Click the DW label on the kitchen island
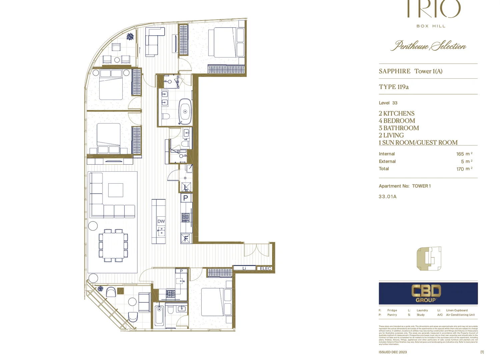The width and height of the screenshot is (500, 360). pos(161,221)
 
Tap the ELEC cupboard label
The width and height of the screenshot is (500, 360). pos(265,268)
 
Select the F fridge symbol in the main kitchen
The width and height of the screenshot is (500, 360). pos(186,238)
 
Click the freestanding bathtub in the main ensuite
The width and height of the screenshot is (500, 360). pos(185,111)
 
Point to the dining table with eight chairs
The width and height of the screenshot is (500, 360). pos(113,245)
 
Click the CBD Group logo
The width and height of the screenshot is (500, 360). pos(428,293)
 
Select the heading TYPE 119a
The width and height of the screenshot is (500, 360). pos(394,87)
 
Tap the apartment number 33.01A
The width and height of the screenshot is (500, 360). pos(388,197)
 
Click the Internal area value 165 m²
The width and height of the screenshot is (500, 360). pos(464,154)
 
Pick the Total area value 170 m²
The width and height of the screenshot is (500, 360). pos(464,169)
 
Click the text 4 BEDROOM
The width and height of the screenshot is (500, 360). pos(397,121)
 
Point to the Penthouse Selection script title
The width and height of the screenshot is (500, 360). pos(428,46)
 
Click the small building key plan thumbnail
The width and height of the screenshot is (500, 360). pos(429,259)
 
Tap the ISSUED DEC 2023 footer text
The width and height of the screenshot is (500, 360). pos(393,352)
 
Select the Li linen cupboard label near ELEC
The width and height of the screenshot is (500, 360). pos(244,268)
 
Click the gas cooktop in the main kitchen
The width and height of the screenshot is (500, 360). pos(186,218)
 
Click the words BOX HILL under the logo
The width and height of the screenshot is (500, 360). pos(431,26)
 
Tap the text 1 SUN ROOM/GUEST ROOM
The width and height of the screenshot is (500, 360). pos(418,143)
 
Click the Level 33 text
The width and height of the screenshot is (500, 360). pos(388,103)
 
